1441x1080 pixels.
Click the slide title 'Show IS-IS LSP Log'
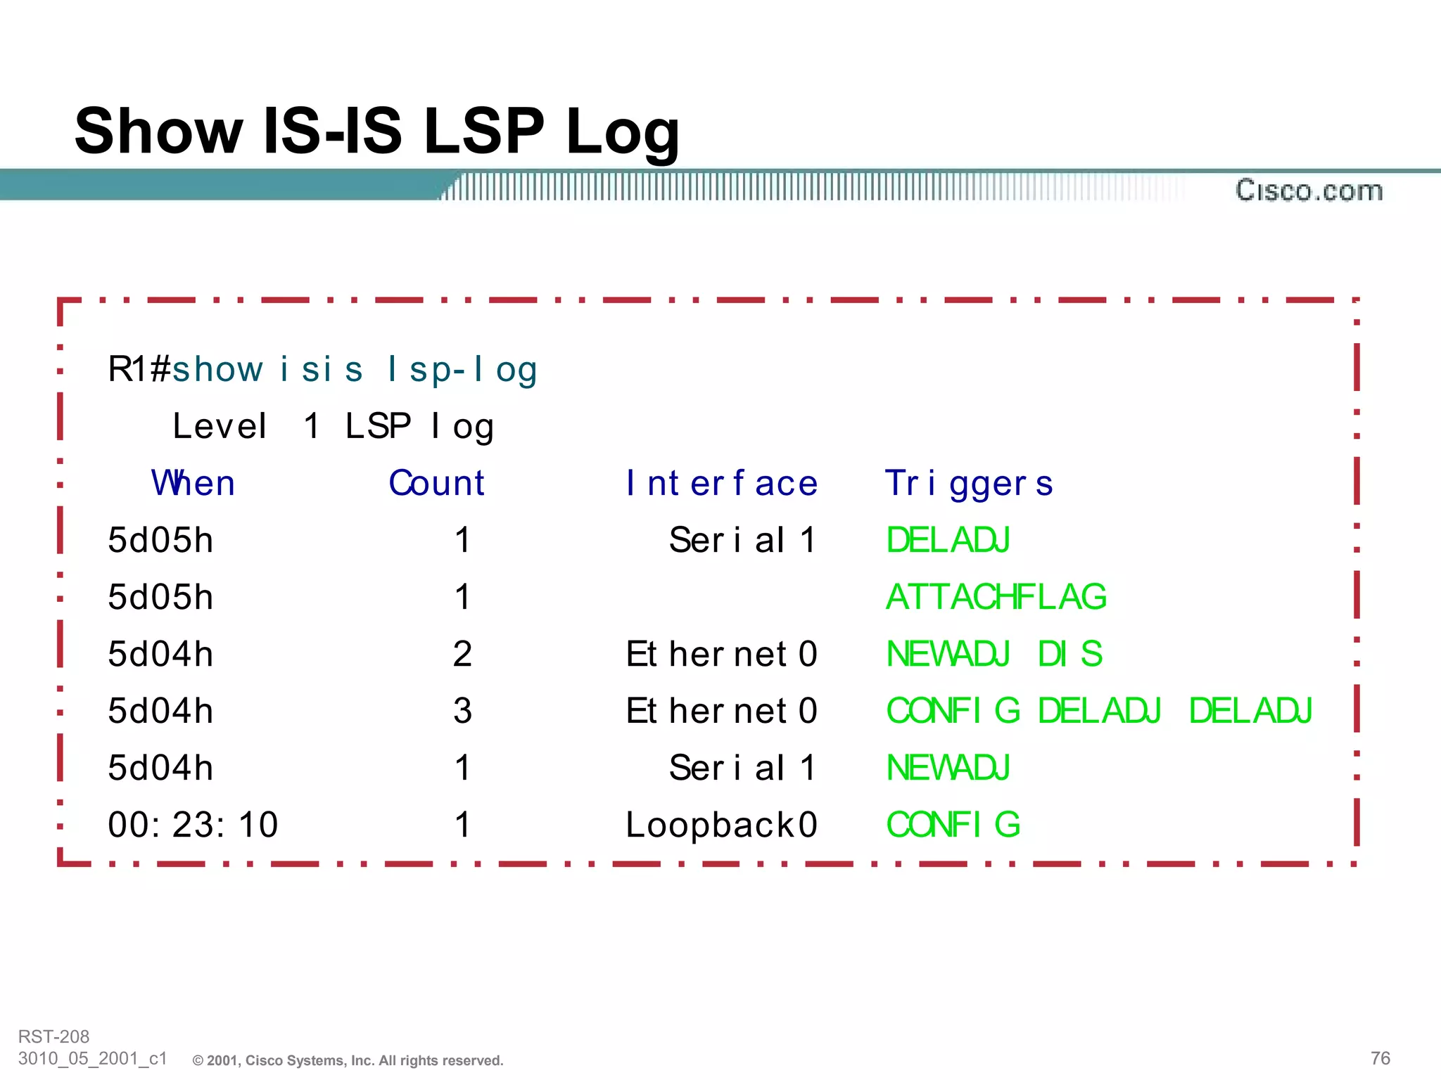377,131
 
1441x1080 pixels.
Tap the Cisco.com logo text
1309,191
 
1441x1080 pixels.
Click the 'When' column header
193,483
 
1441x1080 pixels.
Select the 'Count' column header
436,483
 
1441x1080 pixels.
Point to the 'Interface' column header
721,483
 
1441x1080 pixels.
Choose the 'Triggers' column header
968,484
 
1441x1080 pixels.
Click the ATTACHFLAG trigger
996,597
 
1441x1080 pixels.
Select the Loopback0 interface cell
721,825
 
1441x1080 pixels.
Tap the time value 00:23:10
193,824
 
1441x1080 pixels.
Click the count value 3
462,711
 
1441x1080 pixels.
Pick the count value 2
462,654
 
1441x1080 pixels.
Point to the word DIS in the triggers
1069,654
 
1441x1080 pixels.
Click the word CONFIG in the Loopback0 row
953,824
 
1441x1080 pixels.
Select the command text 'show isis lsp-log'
355,369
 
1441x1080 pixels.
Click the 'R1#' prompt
139,369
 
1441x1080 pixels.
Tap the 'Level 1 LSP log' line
333,426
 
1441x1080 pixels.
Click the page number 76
1380,1058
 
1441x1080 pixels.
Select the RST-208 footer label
53,1036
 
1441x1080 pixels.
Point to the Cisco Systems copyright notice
348,1060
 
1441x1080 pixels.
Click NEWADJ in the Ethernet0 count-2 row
948,654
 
